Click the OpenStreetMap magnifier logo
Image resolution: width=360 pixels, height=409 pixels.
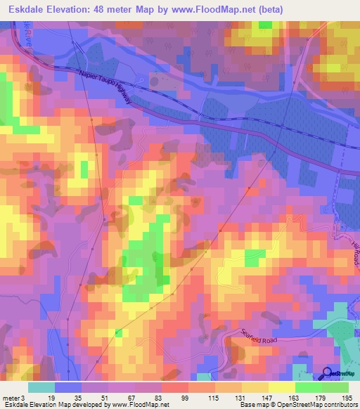pyautogui.click(x=326, y=374)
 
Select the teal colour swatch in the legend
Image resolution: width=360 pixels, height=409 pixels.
pyautogui.click(x=41, y=387)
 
